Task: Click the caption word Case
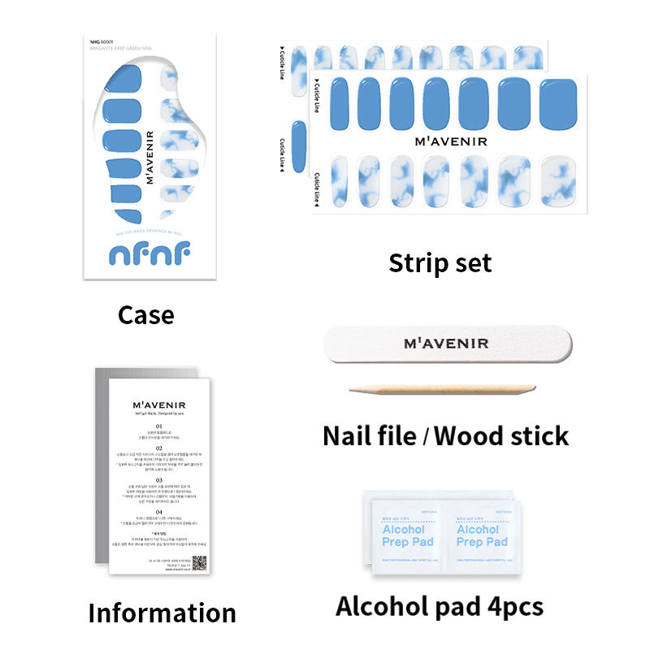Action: (x=145, y=314)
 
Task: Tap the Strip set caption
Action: (x=440, y=262)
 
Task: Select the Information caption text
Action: (x=162, y=612)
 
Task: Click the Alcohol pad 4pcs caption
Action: (x=440, y=605)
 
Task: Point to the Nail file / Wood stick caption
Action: (x=445, y=435)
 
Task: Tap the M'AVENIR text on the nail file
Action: (x=446, y=344)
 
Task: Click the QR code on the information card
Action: (x=199, y=562)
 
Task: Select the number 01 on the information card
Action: (x=159, y=426)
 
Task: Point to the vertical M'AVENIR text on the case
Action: (x=150, y=156)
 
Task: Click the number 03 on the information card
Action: (x=159, y=480)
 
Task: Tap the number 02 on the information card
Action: (x=159, y=448)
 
